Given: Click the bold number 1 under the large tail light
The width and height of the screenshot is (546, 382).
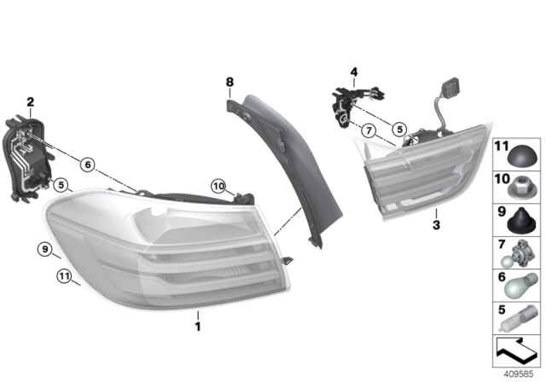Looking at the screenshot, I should tap(197, 326).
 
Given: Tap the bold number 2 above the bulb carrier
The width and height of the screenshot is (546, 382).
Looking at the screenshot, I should tap(31, 103).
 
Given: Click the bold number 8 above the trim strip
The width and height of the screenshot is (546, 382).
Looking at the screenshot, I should tap(229, 82).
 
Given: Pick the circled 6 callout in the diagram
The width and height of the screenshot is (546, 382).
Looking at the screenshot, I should tap(88, 163).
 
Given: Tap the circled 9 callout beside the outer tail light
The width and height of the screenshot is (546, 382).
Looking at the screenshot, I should tap(44, 249).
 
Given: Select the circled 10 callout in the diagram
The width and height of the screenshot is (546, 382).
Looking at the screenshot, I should tap(218, 185).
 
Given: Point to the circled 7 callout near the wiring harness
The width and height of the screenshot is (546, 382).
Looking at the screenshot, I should tap(368, 130).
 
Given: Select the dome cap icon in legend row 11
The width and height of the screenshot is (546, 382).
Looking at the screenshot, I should tap(521, 155).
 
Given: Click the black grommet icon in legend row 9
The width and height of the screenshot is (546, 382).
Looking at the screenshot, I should tap(520, 219).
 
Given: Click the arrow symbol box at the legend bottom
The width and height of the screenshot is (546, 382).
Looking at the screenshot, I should tap(516, 350).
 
